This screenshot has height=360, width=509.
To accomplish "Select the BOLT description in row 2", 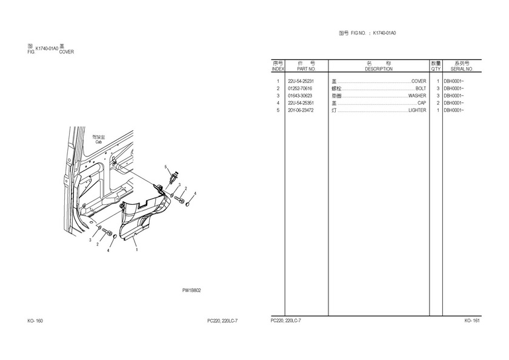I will click(421, 88).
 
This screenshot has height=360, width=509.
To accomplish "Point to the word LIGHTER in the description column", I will click(417, 110).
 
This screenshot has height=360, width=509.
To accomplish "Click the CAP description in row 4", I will click(422, 103).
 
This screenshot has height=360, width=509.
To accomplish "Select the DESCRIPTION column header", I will click(379, 70).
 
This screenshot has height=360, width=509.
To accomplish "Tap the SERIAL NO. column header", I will click(462, 70).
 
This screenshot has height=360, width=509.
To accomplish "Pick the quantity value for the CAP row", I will click(437, 103).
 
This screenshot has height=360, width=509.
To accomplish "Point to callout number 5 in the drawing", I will click(164, 167).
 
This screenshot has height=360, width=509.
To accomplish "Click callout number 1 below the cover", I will click(136, 249).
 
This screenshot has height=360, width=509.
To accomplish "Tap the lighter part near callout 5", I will click(175, 176).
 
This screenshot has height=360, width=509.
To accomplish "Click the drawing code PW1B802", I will click(191, 290).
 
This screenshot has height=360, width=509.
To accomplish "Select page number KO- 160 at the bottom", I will click(35, 320).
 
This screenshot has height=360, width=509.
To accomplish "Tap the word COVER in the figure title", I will click(67, 52).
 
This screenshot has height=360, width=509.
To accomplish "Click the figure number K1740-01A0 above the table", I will click(388, 33).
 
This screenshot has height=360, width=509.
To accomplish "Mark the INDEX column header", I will click(278, 70).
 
